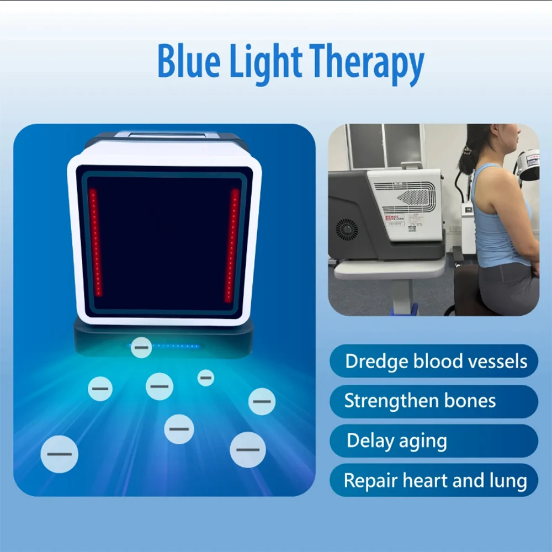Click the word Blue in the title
(189, 60)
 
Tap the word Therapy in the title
(367, 63)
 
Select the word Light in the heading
(266, 63)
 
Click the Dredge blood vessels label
(436, 361)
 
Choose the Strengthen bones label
(420, 401)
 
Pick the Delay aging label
(397, 440)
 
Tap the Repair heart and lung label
(435, 481)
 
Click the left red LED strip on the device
(95, 242)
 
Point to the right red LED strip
(232, 245)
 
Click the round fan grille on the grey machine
(347, 230)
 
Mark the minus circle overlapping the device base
(141, 347)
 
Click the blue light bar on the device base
(176, 346)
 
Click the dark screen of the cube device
(164, 243)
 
